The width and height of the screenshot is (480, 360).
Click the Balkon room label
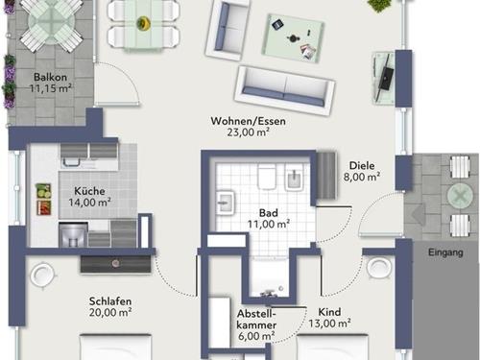click(x=50, y=77)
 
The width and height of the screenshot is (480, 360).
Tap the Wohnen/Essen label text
click(x=248, y=121)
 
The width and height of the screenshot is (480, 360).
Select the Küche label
click(x=89, y=191)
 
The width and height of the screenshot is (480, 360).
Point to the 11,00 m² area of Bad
click(x=269, y=224)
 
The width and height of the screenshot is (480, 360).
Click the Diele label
click(x=362, y=165)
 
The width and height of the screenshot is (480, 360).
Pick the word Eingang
click(x=445, y=252)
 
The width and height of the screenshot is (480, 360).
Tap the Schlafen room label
click(x=110, y=301)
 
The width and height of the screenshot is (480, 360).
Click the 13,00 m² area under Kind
click(x=329, y=324)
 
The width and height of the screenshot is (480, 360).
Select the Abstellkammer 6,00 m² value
click(x=256, y=336)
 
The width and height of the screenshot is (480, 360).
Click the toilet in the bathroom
click(x=267, y=178)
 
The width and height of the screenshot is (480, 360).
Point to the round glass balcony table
click(x=51, y=23)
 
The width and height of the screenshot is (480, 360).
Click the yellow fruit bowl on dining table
click(x=143, y=23)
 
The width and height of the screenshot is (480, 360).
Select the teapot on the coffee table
click(x=292, y=38)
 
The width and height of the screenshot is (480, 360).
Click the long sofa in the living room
click(x=284, y=90)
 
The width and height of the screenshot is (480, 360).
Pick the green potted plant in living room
click(x=378, y=5)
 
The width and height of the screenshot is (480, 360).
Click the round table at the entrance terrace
click(x=460, y=196)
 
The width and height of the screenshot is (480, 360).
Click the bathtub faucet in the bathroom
click(x=268, y=293)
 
